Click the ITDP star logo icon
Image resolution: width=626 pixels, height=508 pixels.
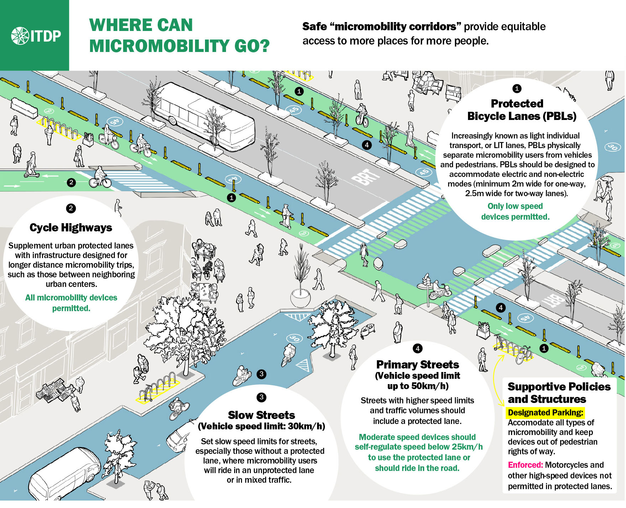pyautogui.click(x=20, y=36)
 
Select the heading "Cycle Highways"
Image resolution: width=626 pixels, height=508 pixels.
pyautogui.click(x=71, y=228)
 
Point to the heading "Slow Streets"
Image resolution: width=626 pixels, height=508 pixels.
pyautogui.click(x=261, y=415)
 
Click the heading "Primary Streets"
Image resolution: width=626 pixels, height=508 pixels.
pyautogui.click(x=417, y=365)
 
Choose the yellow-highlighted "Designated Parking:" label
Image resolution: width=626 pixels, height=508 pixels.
pyautogui.click(x=545, y=413)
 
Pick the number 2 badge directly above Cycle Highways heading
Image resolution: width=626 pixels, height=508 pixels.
pyautogui.click(x=71, y=208)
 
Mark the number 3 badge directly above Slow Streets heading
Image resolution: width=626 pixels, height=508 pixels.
pyautogui.click(x=261, y=397)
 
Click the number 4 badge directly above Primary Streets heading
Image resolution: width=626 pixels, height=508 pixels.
pyautogui.click(x=417, y=349)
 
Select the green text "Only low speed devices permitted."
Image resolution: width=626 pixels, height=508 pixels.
pyautogui.click(x=515, y=211)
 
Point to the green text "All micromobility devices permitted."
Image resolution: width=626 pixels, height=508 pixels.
pyautogui.click(x=71, y=303)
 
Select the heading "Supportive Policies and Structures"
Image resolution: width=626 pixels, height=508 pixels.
pyautogui.click(x=559, y=393)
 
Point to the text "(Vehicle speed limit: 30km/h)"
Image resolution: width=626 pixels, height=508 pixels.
pyautogui.click(x=261, y=426)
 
